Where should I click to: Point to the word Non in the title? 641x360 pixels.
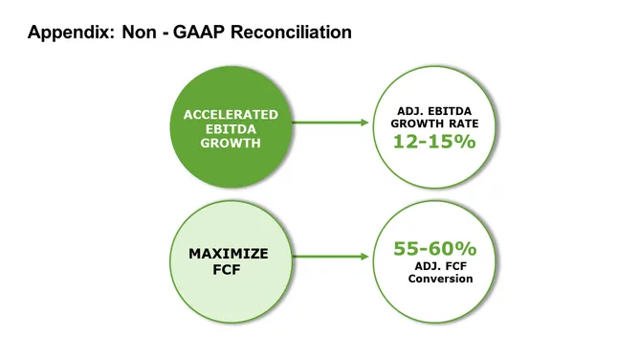pyautogui.click(x=135, y=33)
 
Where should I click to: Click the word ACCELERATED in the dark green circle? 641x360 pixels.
pyautogui.click(x=231, y=115)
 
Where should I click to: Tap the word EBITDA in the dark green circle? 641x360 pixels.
pyautogui.click(x=231, y=129)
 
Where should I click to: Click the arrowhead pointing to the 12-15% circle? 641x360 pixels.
pyautogui.click(x=364, y=123)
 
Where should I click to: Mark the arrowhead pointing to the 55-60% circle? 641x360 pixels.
pyautogui.click(x=364, y=257)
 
